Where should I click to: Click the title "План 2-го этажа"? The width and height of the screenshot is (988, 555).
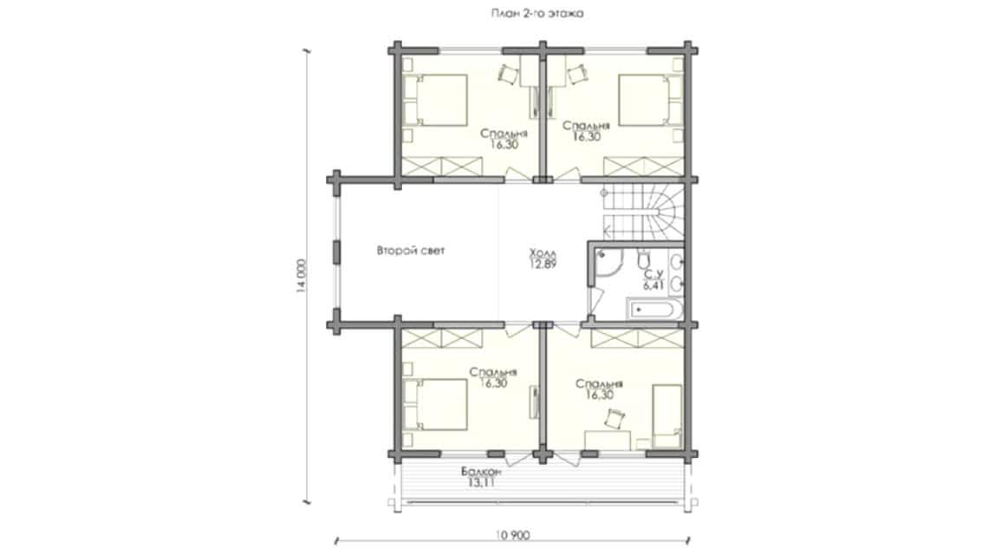[536, 13]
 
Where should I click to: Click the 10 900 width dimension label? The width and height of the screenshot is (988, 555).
[512, 535]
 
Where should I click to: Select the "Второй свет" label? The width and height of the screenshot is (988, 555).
[411, 251]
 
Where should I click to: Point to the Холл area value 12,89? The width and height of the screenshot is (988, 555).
[543, 264]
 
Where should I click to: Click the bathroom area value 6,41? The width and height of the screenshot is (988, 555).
[653, 285]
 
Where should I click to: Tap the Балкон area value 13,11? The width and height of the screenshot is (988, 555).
[479, 483]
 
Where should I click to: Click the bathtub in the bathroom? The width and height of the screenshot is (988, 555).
[654, 310]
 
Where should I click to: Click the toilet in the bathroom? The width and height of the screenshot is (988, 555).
[643, 258]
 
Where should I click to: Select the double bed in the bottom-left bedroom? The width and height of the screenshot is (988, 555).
[435, 404]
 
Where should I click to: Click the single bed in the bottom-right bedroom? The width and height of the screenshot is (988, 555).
[667, 415]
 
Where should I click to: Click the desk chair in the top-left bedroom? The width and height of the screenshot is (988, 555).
[508, 74]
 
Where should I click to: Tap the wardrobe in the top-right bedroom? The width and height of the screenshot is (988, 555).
[643, 166]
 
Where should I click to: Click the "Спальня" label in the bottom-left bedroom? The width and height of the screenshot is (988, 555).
[493, 373]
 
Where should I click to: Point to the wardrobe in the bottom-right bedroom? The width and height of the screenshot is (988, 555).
[637, 338]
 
